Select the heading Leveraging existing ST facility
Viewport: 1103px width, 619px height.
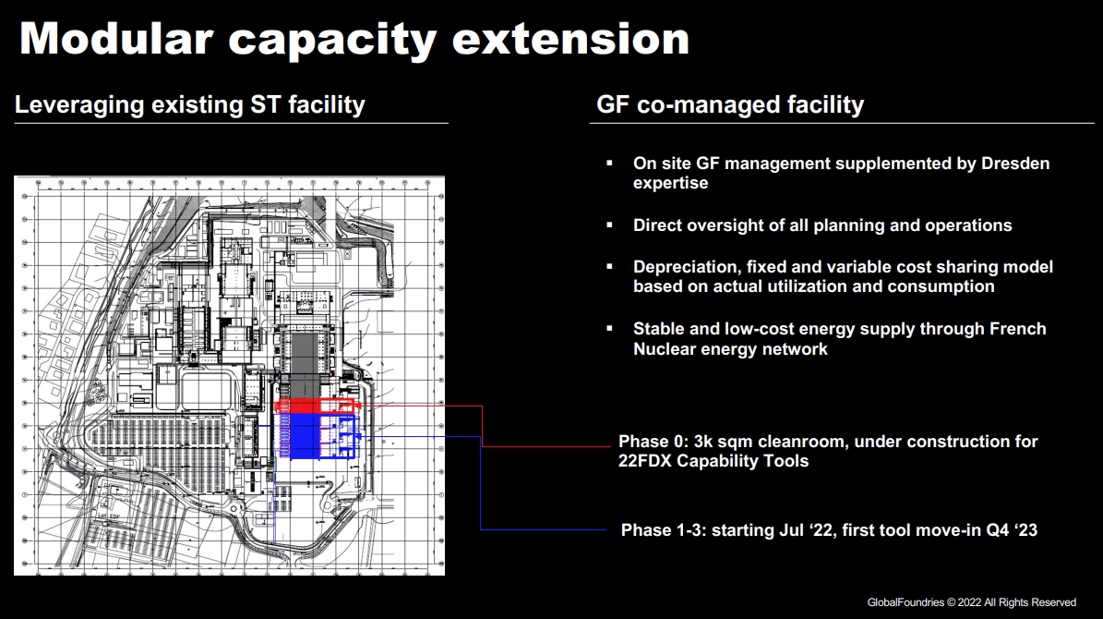190,105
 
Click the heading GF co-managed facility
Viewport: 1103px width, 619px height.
730,105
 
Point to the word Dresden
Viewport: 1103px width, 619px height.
1015,164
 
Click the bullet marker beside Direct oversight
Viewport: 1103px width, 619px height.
609,225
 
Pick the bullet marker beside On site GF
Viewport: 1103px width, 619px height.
609,164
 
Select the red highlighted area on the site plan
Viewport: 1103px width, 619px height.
315,406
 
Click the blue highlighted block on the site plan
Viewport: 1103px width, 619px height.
317,436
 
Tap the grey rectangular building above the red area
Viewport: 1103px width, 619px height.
303,363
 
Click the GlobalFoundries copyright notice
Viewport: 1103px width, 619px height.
971,602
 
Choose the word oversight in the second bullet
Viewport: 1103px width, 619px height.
723,225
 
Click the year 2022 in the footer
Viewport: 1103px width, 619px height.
969,602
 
